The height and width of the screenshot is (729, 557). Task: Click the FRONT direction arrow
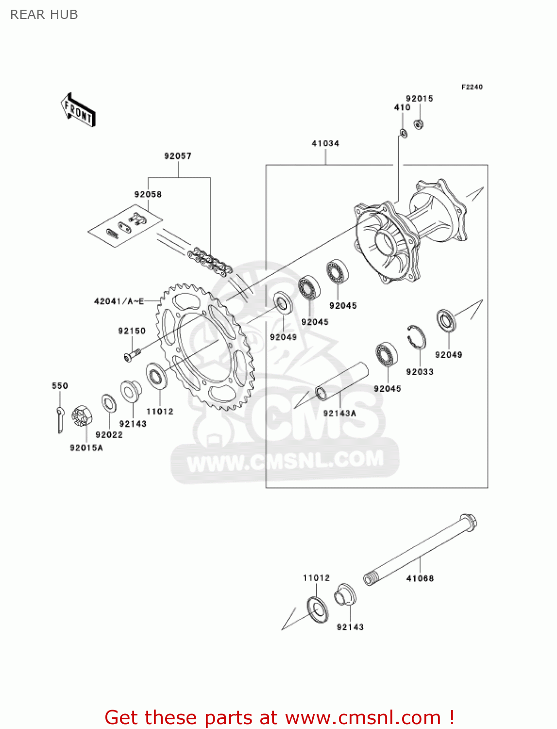pyautogui.click(x=78, y=110)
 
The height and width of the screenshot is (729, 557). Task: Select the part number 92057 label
pyautogui.click(x=178, y=156)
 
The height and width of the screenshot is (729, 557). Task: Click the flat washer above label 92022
pyautogui.click(x=109, y=403)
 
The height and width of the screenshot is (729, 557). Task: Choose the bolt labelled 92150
pyautogui.click(x=131, y=354)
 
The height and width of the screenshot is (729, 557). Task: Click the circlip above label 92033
pyautogui.click(x=416, y=336)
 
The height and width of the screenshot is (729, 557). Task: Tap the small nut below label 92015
pyautogui.click(x=418, y=124)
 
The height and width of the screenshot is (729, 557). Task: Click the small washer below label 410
pyautogui.click(x=403, y=132)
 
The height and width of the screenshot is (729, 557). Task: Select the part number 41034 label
pyautogui.click(x=325, y=143)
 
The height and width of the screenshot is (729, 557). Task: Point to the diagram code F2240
pyautogui.click(x=472, y=87)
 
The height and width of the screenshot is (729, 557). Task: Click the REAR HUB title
pyautogui.click(x=44, y=15)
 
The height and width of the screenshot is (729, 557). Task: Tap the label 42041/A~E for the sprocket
pyautogui.click(x=119, y=302)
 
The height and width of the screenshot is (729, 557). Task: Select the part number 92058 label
pyautogui.click(x=148, y=194)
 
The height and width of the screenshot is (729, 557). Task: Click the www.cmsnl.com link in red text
pyautogui.click(x=363, y=717)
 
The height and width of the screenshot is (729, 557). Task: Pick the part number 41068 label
pyautogui.click(x=420, y=578)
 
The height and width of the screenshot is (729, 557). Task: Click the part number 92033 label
pyautogui.click(x=420, y=372)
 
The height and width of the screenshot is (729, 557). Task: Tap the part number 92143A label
pyautogui.click(x=339, y=413)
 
